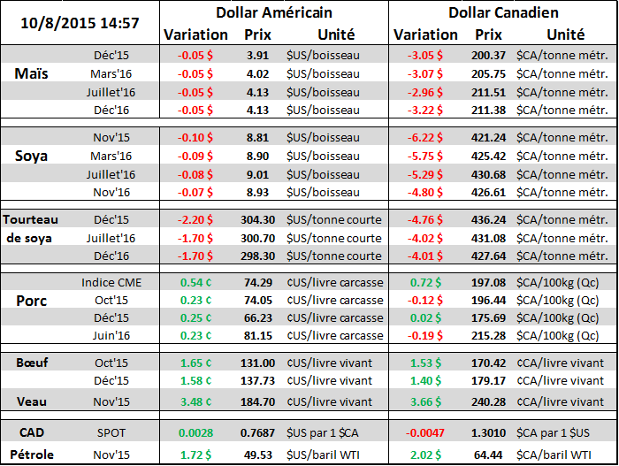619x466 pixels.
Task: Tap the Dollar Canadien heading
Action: point(503,12)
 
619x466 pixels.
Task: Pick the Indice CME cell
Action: point(111,282)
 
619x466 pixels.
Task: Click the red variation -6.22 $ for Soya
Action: point(426,138)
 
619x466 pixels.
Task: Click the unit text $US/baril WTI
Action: point(326,455)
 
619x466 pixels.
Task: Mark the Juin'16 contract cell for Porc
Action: point(111,335)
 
